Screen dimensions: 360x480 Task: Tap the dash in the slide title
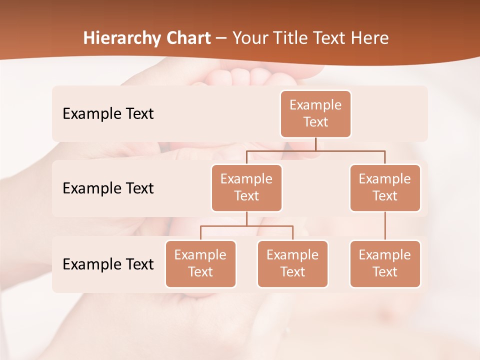pyautogui.click(x=221, y=38)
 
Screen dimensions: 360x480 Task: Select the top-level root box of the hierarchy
pyautogui.click(x=315, y=113)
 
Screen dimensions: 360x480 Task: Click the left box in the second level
pyautogui.click(x=246, y=187)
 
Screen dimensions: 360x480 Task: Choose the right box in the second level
pyautogui.click(x=385, y=187)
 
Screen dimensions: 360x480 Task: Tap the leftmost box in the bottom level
pyautogui.click(x=200, y=263)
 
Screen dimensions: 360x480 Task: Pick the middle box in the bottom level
pyautogui.click(x=292, y=263)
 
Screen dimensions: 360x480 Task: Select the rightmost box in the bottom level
pyautogui.click(x=385, y=263)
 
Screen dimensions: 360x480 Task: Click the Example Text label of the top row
pyautogui.click(x=108, y=113)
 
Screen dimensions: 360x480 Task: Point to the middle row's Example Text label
pyautogui.click(x=108, y=188)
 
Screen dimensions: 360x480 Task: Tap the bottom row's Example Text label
pyautogui.click(x=108, y=264)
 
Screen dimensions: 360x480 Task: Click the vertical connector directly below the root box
pyautogui.click(x=315, y=144)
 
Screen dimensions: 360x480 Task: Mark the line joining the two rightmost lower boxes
pyautogui.click(x=385, y=226)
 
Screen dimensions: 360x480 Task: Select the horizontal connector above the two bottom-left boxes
pyautogui.click(x=246, y=226)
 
